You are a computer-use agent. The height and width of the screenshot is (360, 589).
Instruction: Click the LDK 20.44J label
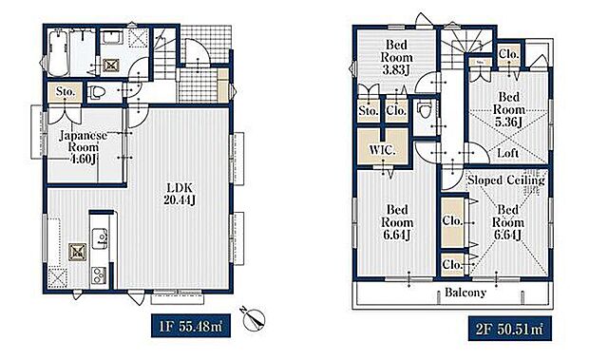pos(180,194)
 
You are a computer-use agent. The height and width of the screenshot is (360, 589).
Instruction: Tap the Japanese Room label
pos(84,141)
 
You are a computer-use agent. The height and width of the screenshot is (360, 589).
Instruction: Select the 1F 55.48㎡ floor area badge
pos(190,326)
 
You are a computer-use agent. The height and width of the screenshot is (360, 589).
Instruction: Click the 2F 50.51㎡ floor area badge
pos(510,329)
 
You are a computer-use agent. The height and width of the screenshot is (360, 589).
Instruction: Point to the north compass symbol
pos(253,319)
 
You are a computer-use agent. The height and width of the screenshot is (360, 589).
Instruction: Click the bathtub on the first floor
pos(58,53)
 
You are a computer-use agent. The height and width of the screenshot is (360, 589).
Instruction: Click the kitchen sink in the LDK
pos(101,238)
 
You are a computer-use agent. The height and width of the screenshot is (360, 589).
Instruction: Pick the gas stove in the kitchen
pos(100,275)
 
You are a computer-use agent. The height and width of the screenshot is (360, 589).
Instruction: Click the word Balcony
pos(465,292)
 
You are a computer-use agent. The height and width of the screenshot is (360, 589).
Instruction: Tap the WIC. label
pos(383,150)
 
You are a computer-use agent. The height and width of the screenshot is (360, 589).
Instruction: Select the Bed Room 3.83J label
pos(397,57)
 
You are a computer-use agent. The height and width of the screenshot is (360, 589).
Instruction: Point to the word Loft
pos(507,152)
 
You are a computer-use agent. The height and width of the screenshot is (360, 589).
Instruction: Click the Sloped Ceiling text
pos(506,180)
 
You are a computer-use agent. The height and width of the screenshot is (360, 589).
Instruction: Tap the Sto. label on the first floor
pos(66,91)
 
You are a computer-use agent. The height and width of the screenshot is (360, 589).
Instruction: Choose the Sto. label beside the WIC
pos(368,111)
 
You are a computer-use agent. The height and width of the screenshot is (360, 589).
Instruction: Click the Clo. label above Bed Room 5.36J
pos(508,54)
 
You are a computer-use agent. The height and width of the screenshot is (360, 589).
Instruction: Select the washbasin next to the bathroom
pos(112,38)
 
